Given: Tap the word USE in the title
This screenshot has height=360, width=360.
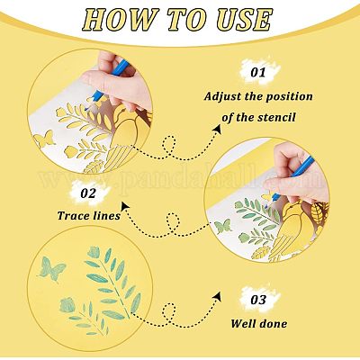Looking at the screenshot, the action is (x=244, y=19).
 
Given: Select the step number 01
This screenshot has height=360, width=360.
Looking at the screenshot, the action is (x=258, y=73).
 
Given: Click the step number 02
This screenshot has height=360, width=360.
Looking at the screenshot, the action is (x=88, y=193).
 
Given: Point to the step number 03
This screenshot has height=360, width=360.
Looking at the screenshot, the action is (x=258, y=300).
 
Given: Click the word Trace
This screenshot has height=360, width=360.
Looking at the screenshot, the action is (x=73, y=215).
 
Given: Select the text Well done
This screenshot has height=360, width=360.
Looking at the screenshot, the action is (x=258, y=324).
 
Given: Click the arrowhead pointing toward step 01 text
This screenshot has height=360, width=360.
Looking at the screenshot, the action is (x=218, y=129).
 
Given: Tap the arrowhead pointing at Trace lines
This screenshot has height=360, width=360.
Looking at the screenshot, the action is (x=125, y=206).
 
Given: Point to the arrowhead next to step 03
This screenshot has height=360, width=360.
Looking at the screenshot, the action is (x=218, y=296).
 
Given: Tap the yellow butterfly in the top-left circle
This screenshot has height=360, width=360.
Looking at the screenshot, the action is (x=45, y=139).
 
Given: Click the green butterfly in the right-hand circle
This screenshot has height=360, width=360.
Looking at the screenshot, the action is (x=223, y=226).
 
